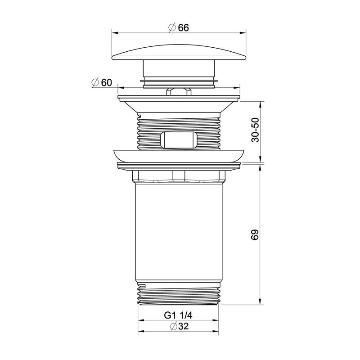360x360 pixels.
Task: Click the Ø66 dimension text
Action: (178, 27)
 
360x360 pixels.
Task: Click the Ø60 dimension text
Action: (101, 83)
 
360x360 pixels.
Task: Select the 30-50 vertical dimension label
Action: (256, 131)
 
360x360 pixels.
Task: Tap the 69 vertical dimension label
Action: (256, 234)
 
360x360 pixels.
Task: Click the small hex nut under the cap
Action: (179, 91)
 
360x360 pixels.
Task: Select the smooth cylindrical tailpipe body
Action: (180, 234)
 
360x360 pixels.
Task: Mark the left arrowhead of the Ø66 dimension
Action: (113, 32)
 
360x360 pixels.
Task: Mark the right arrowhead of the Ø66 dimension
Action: (246, 32)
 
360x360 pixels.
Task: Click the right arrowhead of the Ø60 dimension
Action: (239, 88)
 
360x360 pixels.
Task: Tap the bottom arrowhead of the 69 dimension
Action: (260, 302)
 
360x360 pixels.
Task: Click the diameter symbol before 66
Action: (171, 27)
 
